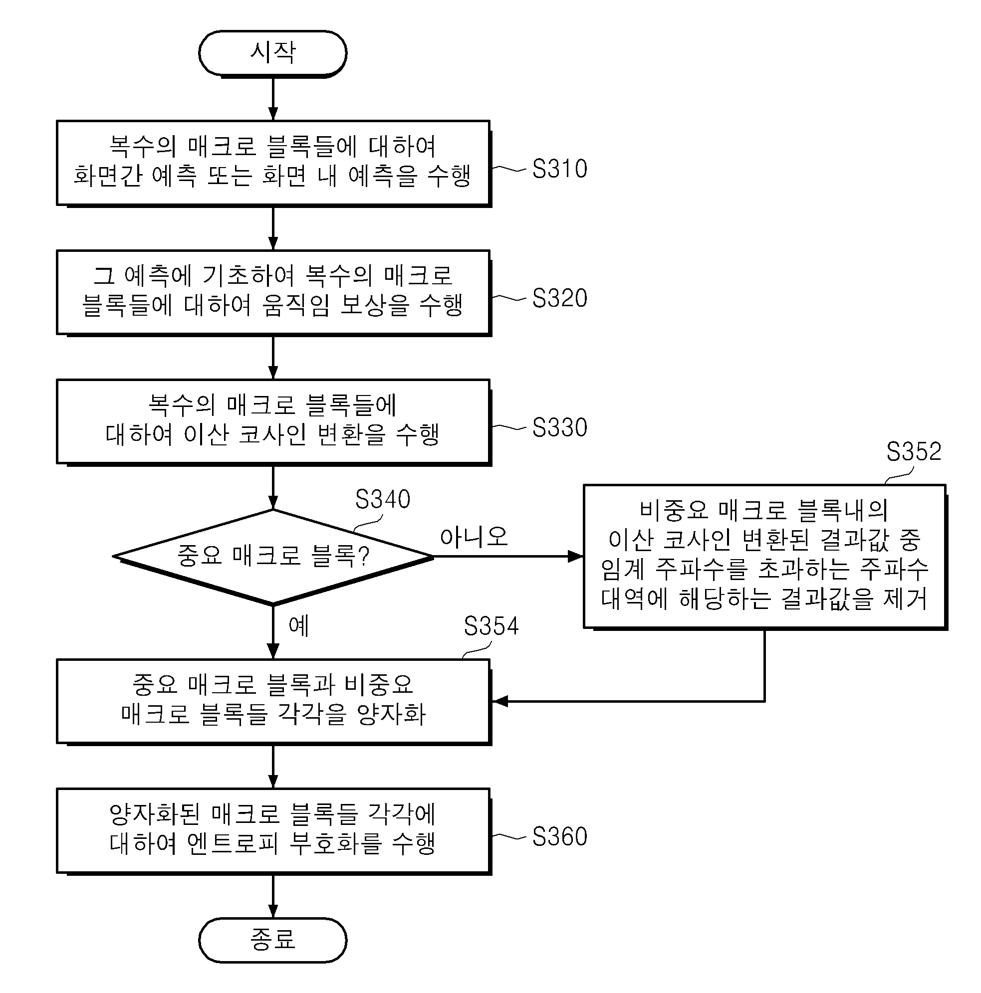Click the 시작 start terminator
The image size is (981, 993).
click(272, 53)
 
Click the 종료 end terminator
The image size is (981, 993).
click(272, 940)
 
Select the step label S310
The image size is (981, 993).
click(559, 169)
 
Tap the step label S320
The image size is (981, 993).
click(559, 298)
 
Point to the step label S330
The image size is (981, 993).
click(559, 427)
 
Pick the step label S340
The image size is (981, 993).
click(383, 499)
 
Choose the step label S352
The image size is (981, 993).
click(914, 452)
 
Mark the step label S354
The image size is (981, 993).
click(491, 626)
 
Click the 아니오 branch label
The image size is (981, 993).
click(474, 537)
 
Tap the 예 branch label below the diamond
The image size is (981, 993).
click(299, 625)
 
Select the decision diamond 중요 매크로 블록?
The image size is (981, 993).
click(273, 557)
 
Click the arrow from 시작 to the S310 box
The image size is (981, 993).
click(273, 99)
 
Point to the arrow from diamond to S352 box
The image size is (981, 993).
click(508, 556)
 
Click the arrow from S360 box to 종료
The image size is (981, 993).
click(273, 896)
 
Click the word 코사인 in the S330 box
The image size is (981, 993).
click(273, 434)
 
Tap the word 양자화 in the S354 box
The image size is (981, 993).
click(391, 714)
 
